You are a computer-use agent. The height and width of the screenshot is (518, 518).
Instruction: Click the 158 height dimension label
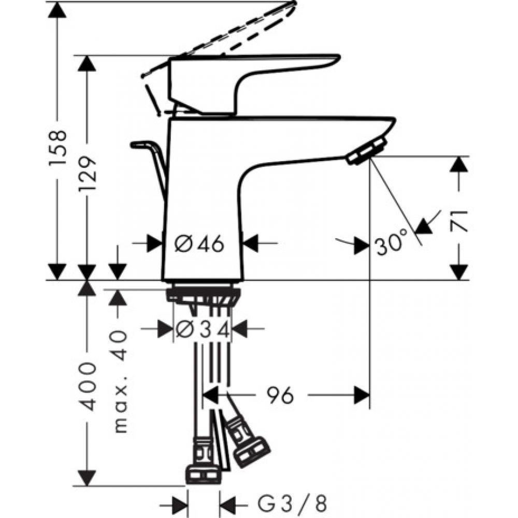pyautogui.click(x=57, y=148)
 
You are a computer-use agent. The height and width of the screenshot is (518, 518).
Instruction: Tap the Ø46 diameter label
pyautogui.click(x=199, y=243)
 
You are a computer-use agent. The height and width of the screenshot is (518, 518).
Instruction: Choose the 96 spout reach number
pyautogui.click(x=280, y=396)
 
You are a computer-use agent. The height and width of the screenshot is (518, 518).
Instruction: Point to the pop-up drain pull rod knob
pyautogui.click(x=139, y=145)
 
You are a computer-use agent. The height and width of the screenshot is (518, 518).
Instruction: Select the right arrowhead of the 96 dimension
pyautogui.click(x=362, y=396)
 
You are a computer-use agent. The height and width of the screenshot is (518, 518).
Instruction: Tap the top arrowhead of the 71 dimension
pyautogui.click(x=458, y=165)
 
